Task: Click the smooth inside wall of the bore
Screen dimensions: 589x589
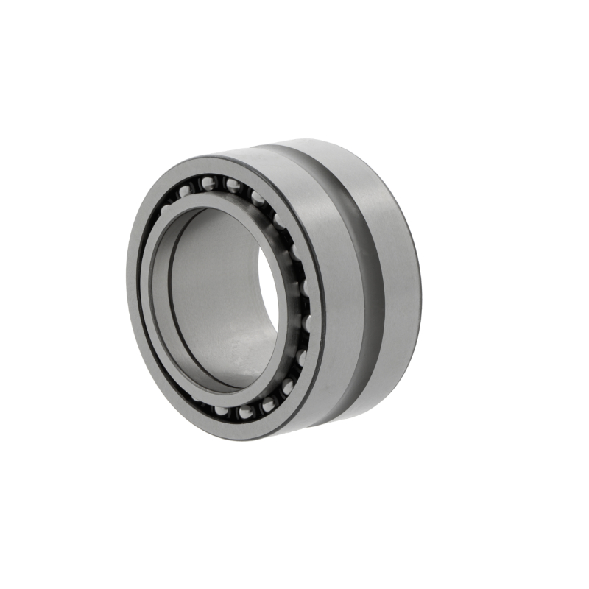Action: click(214, 294)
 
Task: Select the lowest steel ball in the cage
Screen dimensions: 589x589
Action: click(243, 412)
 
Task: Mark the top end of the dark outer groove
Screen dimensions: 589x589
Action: click(294, 151)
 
